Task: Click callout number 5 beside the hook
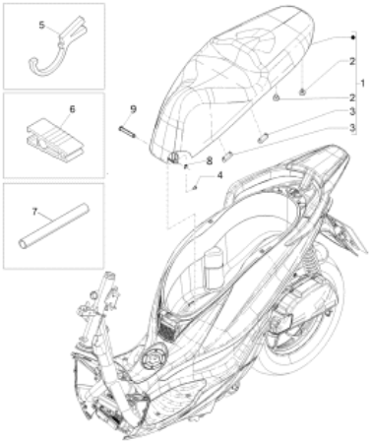click(x=41, y=25)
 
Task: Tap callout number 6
click(x=72, y=108)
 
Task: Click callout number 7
click(x=34, y=212)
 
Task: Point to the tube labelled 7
click(x=54, y=226)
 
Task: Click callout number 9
click(x=133, y=109)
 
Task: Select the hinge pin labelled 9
click(x=126, y=132)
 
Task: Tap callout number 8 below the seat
click(x=209, y=160)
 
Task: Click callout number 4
click(x=219, y=175)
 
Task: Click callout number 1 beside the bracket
click(x=362, y=84)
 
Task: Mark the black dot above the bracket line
click(x=353, y=37)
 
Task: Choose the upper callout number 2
click(x=352, y=61)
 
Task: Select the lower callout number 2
click(x=352, y=97)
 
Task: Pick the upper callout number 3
click(x=352, y=111)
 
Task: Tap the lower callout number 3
click(x=352, y=127)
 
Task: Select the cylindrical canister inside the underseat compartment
click(x=214, y=266)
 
